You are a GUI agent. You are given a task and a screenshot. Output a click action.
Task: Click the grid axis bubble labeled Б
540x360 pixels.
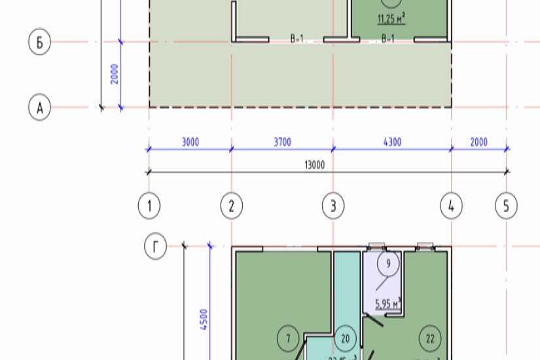click(40, 43)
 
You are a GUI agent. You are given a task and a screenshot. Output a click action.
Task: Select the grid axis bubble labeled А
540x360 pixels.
click(40, 107)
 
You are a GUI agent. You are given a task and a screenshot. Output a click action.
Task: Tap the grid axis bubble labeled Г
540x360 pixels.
click(155, 247)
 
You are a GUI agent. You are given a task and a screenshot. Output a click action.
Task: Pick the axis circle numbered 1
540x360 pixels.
click(149, 207)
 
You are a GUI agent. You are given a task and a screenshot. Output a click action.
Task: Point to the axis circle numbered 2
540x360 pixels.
click(231, 207)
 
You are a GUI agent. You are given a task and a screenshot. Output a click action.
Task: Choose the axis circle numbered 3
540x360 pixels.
click(333, 207)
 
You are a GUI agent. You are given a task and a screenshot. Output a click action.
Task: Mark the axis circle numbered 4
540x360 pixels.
click(451, 207)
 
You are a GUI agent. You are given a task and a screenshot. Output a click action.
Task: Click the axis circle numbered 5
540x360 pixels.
click(505, 207)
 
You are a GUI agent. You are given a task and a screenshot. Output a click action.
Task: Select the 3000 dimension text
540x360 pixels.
click(190, 142)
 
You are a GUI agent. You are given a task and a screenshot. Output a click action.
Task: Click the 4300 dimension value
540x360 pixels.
click(392, 142)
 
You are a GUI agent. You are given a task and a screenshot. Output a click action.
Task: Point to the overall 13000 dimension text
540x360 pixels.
click(314, 165)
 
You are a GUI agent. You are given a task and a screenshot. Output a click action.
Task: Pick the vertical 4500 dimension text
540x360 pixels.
click(203, 321)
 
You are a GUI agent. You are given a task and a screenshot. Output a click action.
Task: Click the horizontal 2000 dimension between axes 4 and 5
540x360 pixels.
click(478, 142)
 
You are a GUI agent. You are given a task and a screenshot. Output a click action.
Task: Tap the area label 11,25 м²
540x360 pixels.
click(391, 19)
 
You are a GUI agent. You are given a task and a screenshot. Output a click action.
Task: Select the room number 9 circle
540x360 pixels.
click(388, 264)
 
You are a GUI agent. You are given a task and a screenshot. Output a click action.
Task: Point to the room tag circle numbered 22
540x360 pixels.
click(430, 338)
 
